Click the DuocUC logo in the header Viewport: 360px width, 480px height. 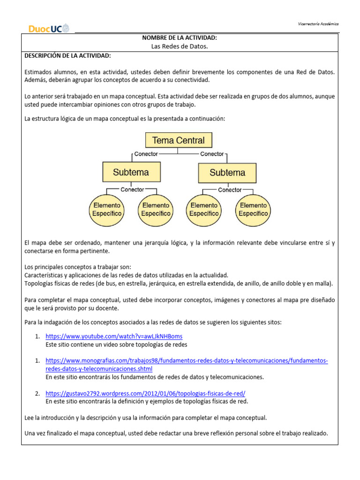pyautogui.click(x=49, y=29)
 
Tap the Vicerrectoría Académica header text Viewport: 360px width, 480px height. pyautogui.click(x=318, y=24)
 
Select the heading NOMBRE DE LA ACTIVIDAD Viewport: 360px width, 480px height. pyautogui.click(x=180, y=37)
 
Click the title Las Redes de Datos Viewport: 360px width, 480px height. pyautogui.click(x=180, y=46)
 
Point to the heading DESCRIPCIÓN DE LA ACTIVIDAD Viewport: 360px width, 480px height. pyautogui.click(x=67, y=56)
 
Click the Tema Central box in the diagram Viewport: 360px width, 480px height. pyautogui.click(x=179, y=140)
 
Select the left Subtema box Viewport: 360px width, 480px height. pyautogui.click(x=131, y=172)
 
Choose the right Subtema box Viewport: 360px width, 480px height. pyautogui.click(x=228, y=172)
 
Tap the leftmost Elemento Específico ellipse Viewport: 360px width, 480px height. pyautogui.click(x=107, y=209)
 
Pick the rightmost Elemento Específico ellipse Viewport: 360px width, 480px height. pyautogui.click(x=254, y=209)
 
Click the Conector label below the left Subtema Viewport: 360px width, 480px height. pyautogui.click(x=132, y=190)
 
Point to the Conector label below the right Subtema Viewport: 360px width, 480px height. pyautogui.click(x=230, y=190)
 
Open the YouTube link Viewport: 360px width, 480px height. pyautogui.click(x=114, y=337)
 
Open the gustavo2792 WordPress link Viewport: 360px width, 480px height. pyautogui.click(x=145, y=393)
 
